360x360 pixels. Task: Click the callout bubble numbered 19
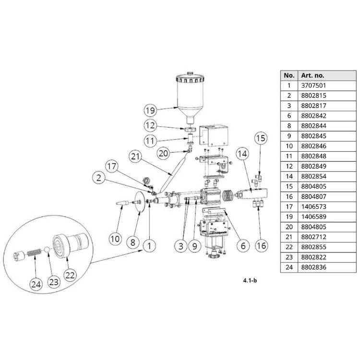coord(151,110)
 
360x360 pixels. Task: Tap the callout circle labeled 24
coord(36,284)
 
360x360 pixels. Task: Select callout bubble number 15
coord(260,138)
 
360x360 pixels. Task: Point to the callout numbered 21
coord(136,156)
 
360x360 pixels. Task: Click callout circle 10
coord(115,238)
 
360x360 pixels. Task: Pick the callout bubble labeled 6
coord(242,246)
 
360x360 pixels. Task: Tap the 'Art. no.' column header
coord(312,75)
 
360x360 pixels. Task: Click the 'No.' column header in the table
coord(289,75)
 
